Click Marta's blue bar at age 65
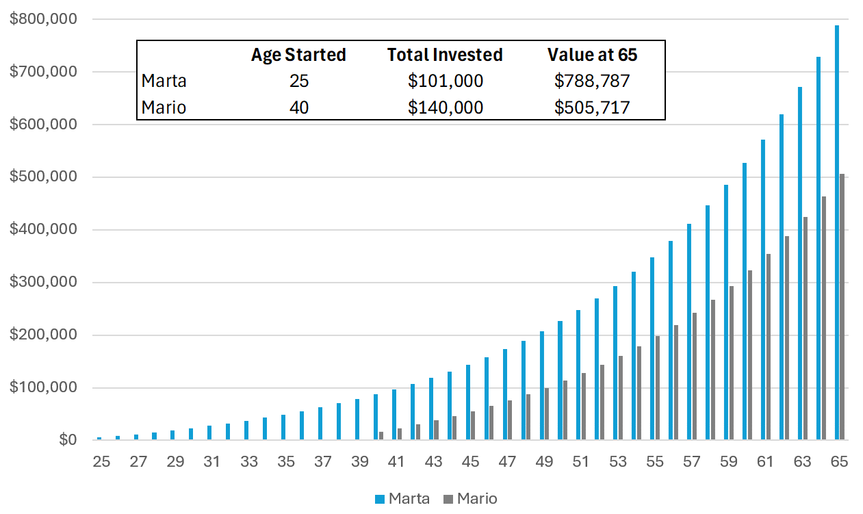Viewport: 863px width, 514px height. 836,233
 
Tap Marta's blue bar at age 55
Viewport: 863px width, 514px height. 652,348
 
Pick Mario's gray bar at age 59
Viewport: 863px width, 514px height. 732,363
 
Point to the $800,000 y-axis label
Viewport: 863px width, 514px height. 42,19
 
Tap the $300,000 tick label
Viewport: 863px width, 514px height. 42,282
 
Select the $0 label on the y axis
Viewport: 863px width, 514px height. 67,440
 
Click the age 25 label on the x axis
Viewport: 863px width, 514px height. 101,462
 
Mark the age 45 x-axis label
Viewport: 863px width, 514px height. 470,462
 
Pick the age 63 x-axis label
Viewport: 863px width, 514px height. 802,462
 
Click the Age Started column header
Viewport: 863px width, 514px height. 298,55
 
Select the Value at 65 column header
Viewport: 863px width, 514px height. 592,55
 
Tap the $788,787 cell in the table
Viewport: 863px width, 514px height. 592,81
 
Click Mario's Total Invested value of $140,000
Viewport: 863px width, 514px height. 445,107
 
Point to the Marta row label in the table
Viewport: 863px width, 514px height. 164,81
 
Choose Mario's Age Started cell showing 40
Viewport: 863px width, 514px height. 298,107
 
